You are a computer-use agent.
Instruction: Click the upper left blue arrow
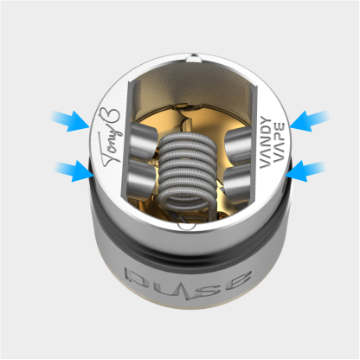tap(69, 119)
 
